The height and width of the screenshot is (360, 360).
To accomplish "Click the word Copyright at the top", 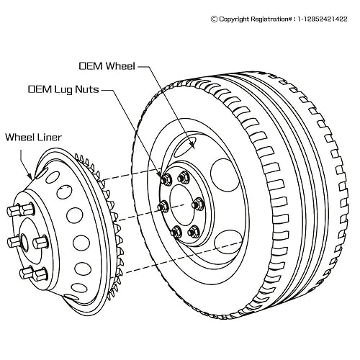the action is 234,19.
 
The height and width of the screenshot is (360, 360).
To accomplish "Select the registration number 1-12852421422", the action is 323,19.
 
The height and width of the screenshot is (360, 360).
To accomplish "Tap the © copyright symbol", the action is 214,19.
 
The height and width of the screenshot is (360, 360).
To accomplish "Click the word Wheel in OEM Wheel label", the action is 121,66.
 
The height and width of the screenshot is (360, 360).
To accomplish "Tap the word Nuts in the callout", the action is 87,89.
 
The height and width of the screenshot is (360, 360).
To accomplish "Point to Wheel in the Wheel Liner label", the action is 19,138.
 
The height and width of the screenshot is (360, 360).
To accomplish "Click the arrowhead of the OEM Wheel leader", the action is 192,144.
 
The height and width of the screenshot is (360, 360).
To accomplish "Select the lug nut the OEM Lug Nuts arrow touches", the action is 166,179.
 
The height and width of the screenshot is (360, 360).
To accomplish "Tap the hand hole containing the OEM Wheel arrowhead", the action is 185,147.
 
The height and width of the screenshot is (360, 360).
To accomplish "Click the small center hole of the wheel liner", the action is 24,240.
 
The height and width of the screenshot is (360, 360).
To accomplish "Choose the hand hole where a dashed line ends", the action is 228,242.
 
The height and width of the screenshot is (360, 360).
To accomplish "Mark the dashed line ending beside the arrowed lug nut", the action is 132,174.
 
